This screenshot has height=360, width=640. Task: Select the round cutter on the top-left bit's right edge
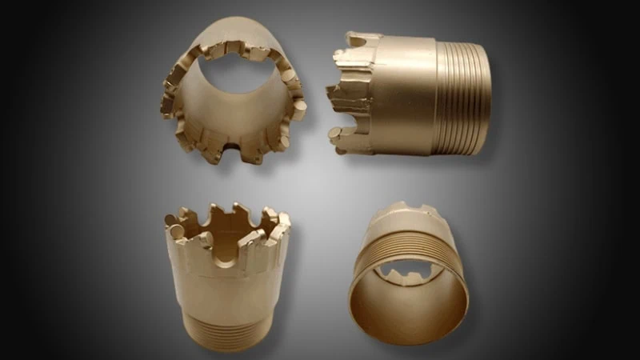pyautogui.click(x=297, y=109)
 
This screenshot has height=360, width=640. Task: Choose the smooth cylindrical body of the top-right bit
pyautogui.click(x=404, y=92)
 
